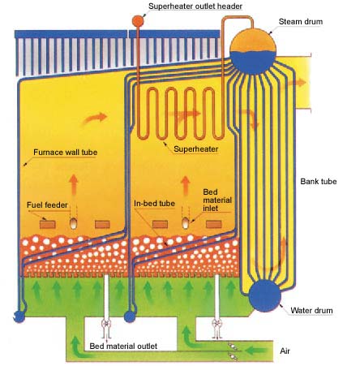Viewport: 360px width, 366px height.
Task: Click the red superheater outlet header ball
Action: pyautogui.click(x=138, y=20)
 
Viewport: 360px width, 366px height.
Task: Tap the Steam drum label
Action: pyautogui.click(x=301, y=22)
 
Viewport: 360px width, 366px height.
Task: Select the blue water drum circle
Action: pyautogui.click(x=264, y=296)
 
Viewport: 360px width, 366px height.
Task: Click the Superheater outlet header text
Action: pyautogui.click(x=195, y=6)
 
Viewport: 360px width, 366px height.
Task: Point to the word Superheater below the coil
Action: pyautogui.click(x=196, y=149)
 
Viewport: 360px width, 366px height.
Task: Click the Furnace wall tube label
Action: pyautogui.click(x=66, y=153)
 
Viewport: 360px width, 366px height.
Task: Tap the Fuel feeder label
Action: pyautogui.click(x=47, y=205)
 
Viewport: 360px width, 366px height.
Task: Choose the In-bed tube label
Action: pyautogui.click(x=154, y=204)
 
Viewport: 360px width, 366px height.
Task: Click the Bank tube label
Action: pyautogui.click(x=319, y=181)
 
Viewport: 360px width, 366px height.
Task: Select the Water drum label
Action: pyautogui.click(x=311, y=311)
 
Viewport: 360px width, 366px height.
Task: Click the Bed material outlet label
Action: pyautogui.click(x=123, y=347)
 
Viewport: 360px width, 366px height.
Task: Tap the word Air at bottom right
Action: pyautogui.click(x=285, y=351)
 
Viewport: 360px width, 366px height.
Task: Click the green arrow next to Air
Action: pyautogui.click(x=257, y=351)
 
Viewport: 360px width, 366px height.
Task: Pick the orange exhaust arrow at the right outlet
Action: pyautogui.click(x=294, y=84)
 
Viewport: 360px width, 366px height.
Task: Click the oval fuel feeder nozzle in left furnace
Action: pyautogui.click(x=73, y=224)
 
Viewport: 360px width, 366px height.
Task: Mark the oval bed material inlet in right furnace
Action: pyautogui.click(x=186, y=223)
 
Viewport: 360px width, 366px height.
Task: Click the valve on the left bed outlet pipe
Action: pyautogui.click(x=106, y=323)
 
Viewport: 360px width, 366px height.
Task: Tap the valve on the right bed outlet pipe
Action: pyautogui.click(x=216, y=323)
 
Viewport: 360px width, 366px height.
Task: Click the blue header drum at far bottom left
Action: pyautogui.click(x=19, y=316)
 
